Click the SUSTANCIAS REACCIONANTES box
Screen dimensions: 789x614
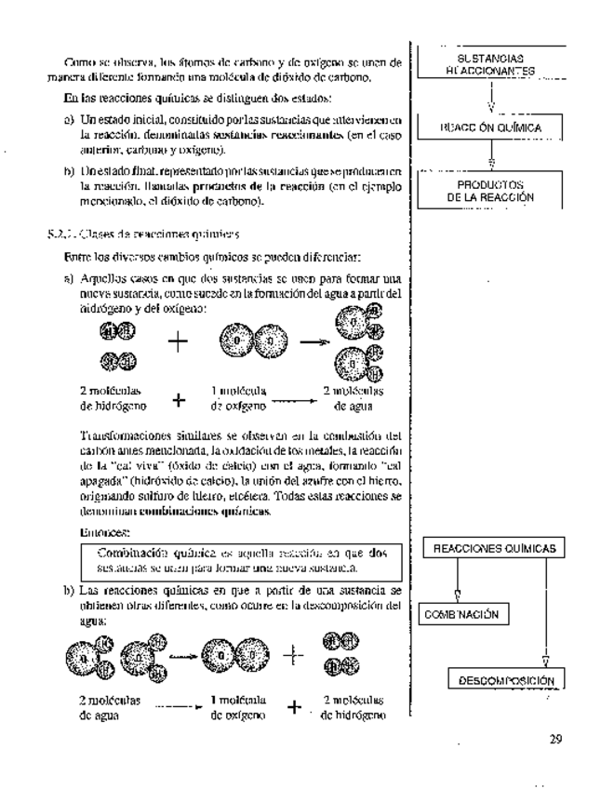490,63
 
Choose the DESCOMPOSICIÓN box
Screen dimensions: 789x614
507,680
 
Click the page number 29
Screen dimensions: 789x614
555,741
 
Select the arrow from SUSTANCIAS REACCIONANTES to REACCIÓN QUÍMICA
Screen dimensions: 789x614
490,97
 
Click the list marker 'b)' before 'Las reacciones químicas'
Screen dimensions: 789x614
68,591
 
